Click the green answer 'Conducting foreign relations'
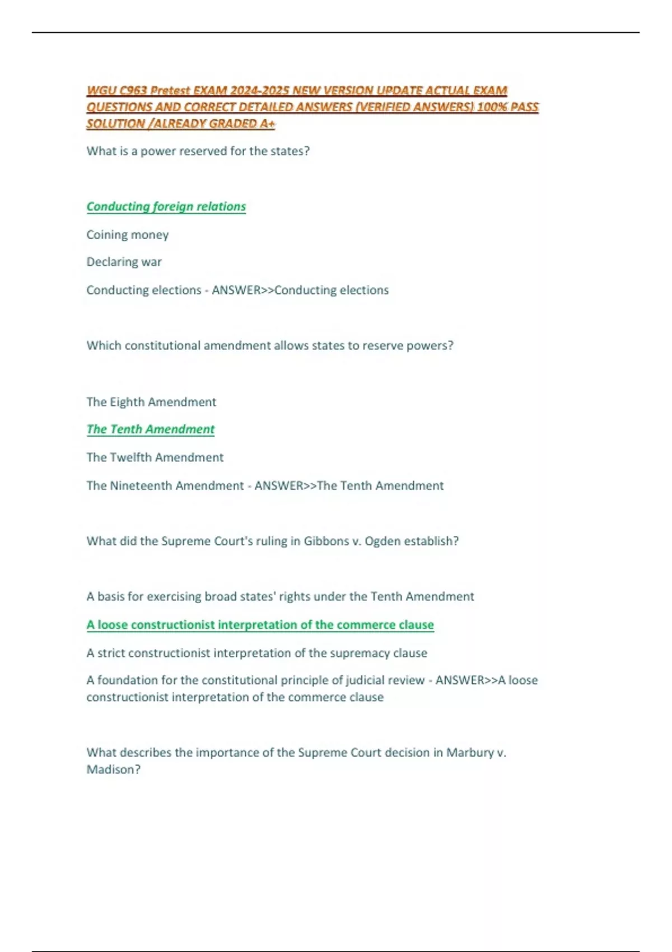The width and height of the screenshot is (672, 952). tap(166, 207)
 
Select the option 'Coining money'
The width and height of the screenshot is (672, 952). tap(127, 235)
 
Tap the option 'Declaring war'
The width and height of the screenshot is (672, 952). tap(124, 262)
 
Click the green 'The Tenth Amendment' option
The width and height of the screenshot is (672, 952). tap(150, 430)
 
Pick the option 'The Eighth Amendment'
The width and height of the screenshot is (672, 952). tap(151, 402)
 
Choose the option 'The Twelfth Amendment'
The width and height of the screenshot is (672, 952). tap(155, 458)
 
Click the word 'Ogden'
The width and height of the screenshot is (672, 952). tap(382, 541)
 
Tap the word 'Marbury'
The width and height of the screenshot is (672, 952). tap(470, 753)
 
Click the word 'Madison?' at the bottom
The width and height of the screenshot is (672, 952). tap(113, 769)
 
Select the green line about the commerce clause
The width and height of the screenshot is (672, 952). tap(260, 625)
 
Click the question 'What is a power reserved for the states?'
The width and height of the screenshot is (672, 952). tap(198, 151)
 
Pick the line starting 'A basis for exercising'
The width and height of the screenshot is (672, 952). tap(280, 597)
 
